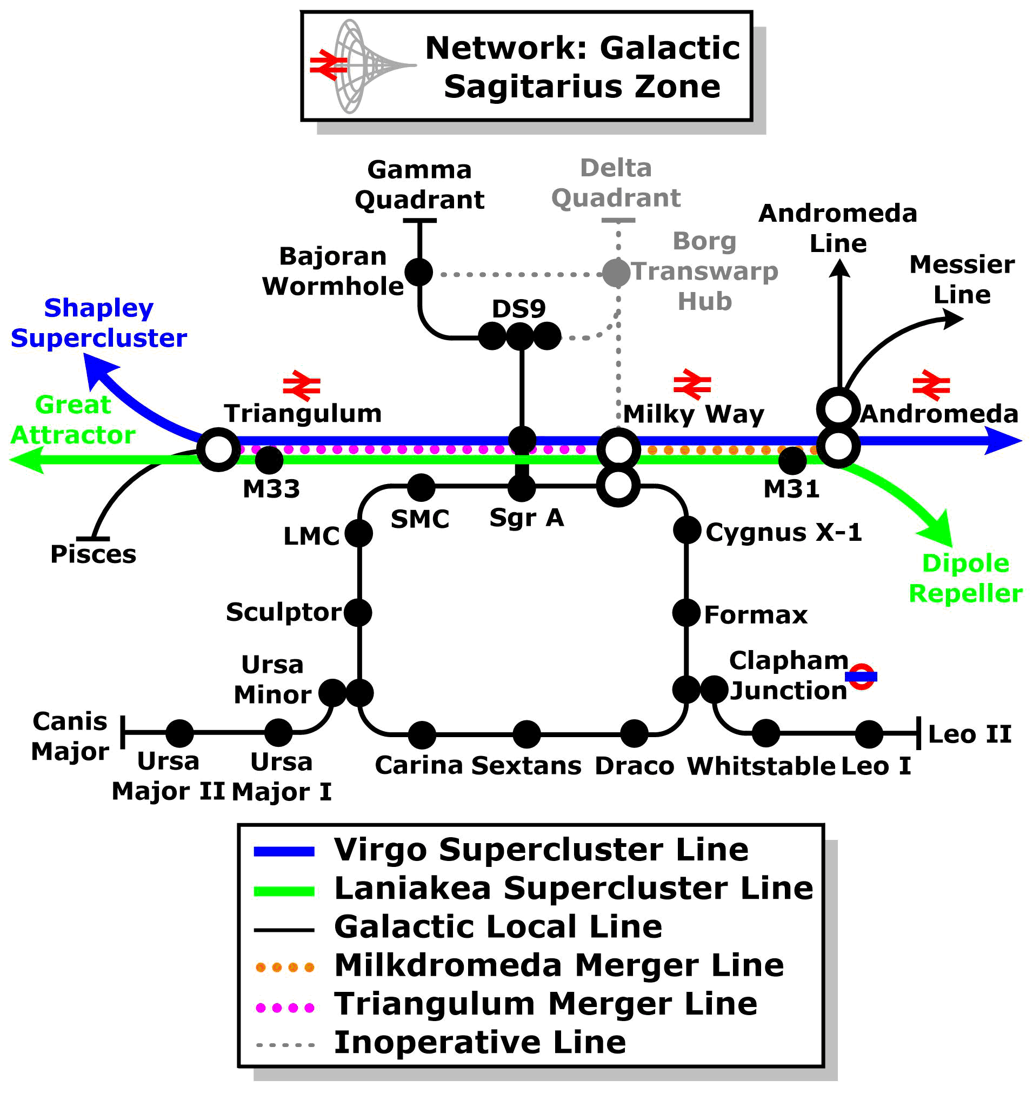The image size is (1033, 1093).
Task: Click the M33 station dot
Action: click(269, 460)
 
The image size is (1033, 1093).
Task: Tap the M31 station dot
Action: click(792, 461)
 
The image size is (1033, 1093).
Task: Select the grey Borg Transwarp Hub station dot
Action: click(616, 273)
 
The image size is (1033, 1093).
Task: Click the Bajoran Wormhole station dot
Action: click(419, 271)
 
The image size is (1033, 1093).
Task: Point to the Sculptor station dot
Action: click(358, 613)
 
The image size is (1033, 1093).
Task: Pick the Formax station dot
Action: click(687, 613)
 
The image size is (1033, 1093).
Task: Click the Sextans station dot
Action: click(527, 734)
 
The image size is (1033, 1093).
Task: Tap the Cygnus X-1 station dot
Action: click(687, 530)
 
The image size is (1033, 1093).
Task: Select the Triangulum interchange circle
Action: click(218, 449)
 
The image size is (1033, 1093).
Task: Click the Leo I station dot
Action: click(869, 734)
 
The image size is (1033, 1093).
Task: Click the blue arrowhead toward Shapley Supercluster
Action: click(99, 368)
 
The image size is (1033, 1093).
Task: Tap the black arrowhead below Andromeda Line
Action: click(839, 268)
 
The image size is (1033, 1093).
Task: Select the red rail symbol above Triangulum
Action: click(302, 385)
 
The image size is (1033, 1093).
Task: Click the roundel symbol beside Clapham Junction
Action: click(861, 676)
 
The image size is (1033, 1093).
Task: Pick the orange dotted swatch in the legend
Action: click(285, 967)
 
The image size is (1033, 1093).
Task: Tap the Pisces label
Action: click(93, 554)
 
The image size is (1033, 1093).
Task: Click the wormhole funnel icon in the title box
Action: click(363, 66)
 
